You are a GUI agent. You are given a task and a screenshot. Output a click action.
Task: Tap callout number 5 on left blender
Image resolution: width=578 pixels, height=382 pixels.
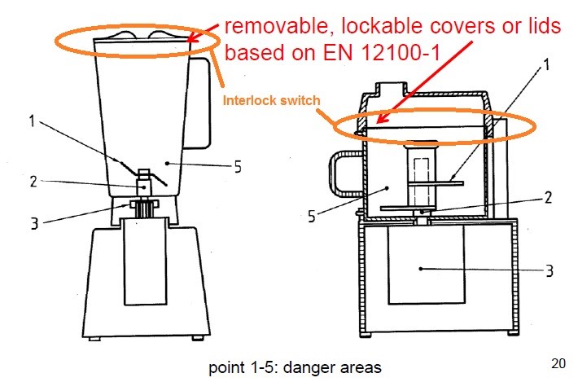tap(237, 168)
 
